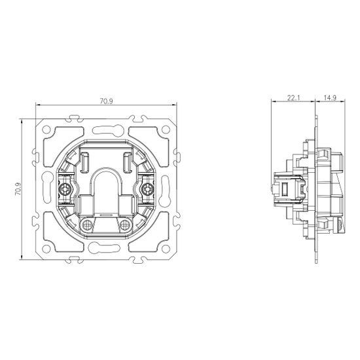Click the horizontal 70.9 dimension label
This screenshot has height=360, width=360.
pos(106,101)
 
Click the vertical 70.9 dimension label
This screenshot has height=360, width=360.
pos(18,189)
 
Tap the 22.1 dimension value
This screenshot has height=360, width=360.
pos(294,98)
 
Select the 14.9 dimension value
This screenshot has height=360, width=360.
pos(330,98)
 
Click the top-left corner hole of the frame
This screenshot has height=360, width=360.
pos(46,130)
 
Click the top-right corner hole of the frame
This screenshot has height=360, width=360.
pos(166,130)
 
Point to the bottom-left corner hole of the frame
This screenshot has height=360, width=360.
pos(46,249)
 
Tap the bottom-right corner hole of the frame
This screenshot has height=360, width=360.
pos(166,249)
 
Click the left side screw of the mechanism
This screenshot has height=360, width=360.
pos(64,189)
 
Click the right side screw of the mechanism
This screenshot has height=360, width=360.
pos(147,189)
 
